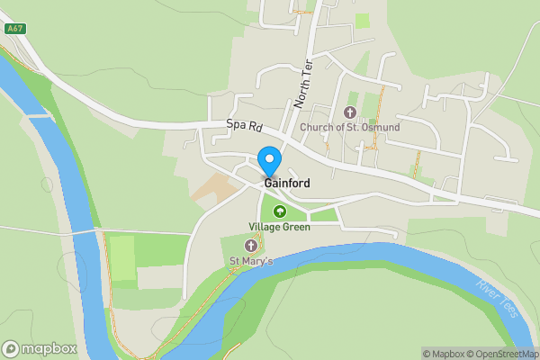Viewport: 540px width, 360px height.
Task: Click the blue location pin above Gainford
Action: click(x=268, y=160)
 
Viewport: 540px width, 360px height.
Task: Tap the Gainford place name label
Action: click(x=287, y=184)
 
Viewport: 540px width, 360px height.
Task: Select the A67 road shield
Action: click(x=14, y=29)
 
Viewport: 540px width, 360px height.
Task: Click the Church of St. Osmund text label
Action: click(x=350, y=128)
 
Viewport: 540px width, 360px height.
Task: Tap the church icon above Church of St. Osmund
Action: click(x=350, y=112)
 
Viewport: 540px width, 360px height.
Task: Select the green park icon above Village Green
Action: click(x=279, y=211)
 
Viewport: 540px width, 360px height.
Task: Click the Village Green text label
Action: click(x=280, y=227)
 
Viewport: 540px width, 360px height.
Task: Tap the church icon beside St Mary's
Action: click(x=251, y=246)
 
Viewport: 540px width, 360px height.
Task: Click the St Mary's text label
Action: click(x=251, y=262)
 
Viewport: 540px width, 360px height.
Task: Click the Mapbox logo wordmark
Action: click(x=49, y=349)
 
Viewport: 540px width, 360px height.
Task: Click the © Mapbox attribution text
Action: click(x=445, y=354)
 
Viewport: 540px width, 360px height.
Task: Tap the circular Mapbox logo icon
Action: click(x=11, y=349)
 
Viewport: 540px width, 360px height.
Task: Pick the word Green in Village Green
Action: click(x=296, y=227)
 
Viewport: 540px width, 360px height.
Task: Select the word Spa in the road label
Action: click(x=236, y=124)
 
